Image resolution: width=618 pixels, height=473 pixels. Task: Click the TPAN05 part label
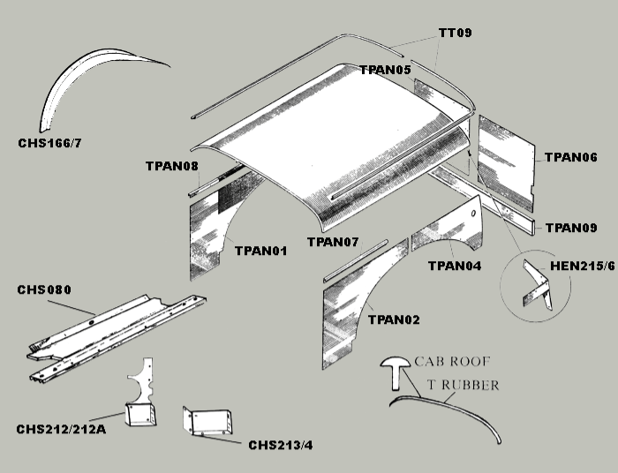coord(385,70)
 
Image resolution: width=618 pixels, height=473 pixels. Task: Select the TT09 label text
coord(456,34)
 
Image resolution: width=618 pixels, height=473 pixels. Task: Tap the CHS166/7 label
coord(57,141)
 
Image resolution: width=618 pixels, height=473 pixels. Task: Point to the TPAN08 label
coord(172,166)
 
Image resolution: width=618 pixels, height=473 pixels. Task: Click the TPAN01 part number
coord(261,251)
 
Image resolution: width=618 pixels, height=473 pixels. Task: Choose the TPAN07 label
coord(333,242)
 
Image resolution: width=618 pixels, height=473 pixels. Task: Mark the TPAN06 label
coord(571,157)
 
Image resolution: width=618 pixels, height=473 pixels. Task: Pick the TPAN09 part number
coord(571,228)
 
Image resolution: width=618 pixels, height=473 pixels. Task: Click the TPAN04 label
coord(454,265)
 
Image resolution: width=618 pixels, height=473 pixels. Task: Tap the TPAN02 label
coord(394,319)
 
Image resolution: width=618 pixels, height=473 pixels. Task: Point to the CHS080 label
coord(44,289)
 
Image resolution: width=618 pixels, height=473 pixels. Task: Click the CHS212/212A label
coord(61,430)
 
